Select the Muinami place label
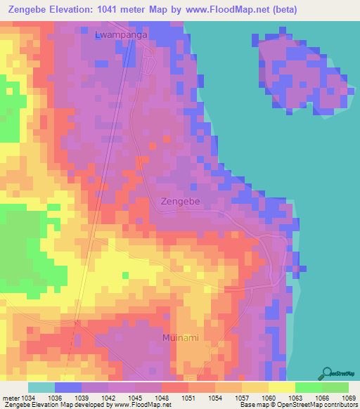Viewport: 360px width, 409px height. point(180,338)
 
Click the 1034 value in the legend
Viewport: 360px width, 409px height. point(27,398)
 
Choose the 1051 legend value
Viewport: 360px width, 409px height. point(188,398)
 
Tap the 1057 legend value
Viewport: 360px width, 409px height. point(241,398)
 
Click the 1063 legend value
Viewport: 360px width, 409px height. point(295,398)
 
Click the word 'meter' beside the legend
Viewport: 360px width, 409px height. point(10,398)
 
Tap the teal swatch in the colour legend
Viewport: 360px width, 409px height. point(41,387)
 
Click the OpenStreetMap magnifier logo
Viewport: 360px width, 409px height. point(326,373)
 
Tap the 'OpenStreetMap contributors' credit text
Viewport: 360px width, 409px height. point(320,405)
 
